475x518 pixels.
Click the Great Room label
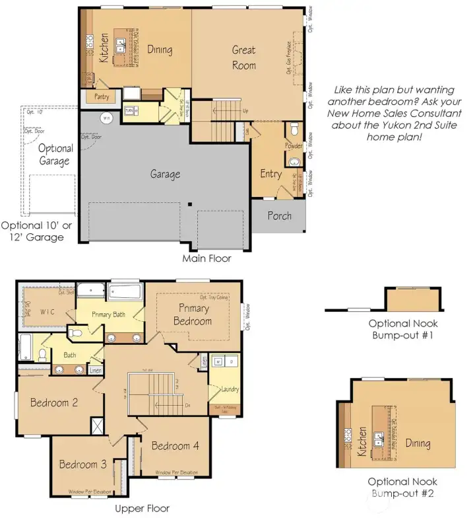[243, 57]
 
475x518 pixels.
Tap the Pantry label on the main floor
[102, 96]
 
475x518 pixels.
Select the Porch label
[280, 216]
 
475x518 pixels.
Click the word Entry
[270, 174]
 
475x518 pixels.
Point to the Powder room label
[294, 146]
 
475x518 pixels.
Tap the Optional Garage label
[55, 155]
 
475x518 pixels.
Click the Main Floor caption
[206, 258]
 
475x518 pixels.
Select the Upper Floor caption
[142, 508]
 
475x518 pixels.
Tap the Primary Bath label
[109, 314]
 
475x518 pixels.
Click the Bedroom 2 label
[54, 403]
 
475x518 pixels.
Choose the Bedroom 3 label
[82, 464]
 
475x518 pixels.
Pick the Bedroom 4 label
[175, 446]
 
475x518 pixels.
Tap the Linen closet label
[96, 370]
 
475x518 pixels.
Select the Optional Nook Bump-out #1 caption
[403, 330]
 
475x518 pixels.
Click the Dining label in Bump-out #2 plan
[418, 443]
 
